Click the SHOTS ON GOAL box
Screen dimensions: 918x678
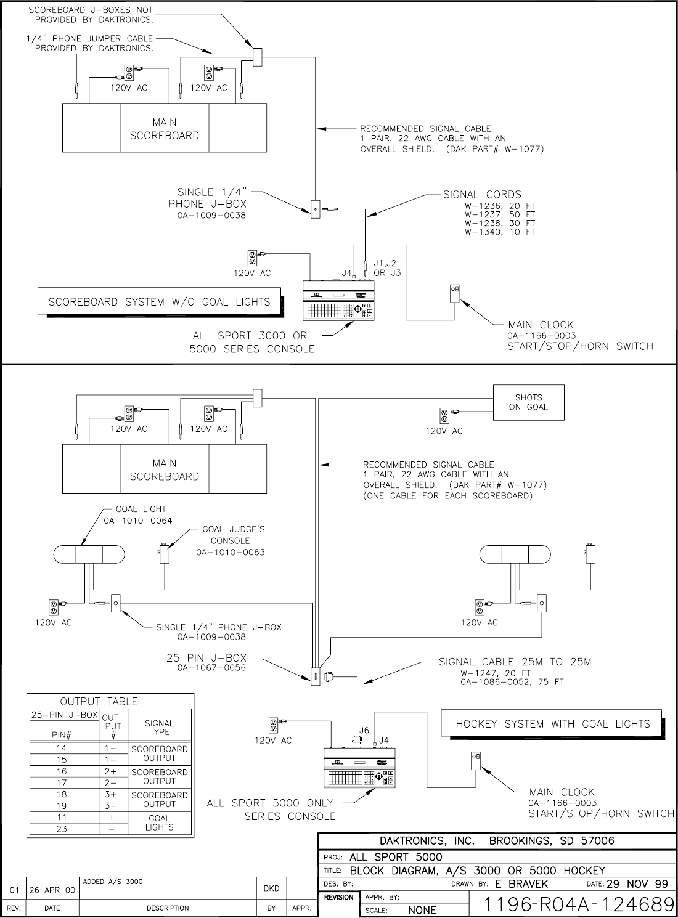click(x=528, y=402)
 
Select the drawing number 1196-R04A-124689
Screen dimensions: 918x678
click(x=578, y=904)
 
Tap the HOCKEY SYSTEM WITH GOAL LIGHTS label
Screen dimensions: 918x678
click(x=552, y=724)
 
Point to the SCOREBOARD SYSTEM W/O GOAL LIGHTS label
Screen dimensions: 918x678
click(x=159, y=302)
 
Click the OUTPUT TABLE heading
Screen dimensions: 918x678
click(x=99, y=702)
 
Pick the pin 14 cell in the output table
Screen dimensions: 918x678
click(x=62, y=749)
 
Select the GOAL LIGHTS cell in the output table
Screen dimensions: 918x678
click(x=159, y=823)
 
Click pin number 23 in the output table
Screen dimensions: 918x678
click(x=62, y=829)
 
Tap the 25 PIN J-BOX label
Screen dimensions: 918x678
click(x=206, y=659)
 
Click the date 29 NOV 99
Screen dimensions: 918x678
click(x=637, y=884)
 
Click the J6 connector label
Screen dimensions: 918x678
click(x=364, y=730)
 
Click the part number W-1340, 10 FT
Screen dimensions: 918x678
click(x=500, y=232)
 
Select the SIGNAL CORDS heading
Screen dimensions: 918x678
click(x=482, y=195)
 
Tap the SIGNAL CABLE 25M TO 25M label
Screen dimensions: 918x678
click(x=515, y=662)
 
